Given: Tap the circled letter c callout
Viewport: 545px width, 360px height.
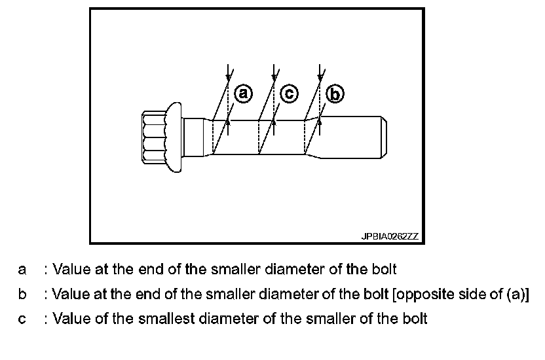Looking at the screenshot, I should [x=289, y=94].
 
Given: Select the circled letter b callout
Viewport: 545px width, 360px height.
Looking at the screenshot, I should [x=334, y=95].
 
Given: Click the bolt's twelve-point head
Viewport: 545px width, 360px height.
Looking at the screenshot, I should [x=153, y=135].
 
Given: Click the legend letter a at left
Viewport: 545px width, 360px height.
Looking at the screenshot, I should [x=22, y=269].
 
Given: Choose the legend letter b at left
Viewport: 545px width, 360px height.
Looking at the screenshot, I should [x=22, y=294].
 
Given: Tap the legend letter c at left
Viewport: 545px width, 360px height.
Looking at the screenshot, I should [x=22, y=319].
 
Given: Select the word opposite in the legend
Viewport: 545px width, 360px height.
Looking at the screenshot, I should [x=420, y=294].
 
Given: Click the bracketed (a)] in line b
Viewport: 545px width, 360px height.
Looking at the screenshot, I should [x=519, y=294].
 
